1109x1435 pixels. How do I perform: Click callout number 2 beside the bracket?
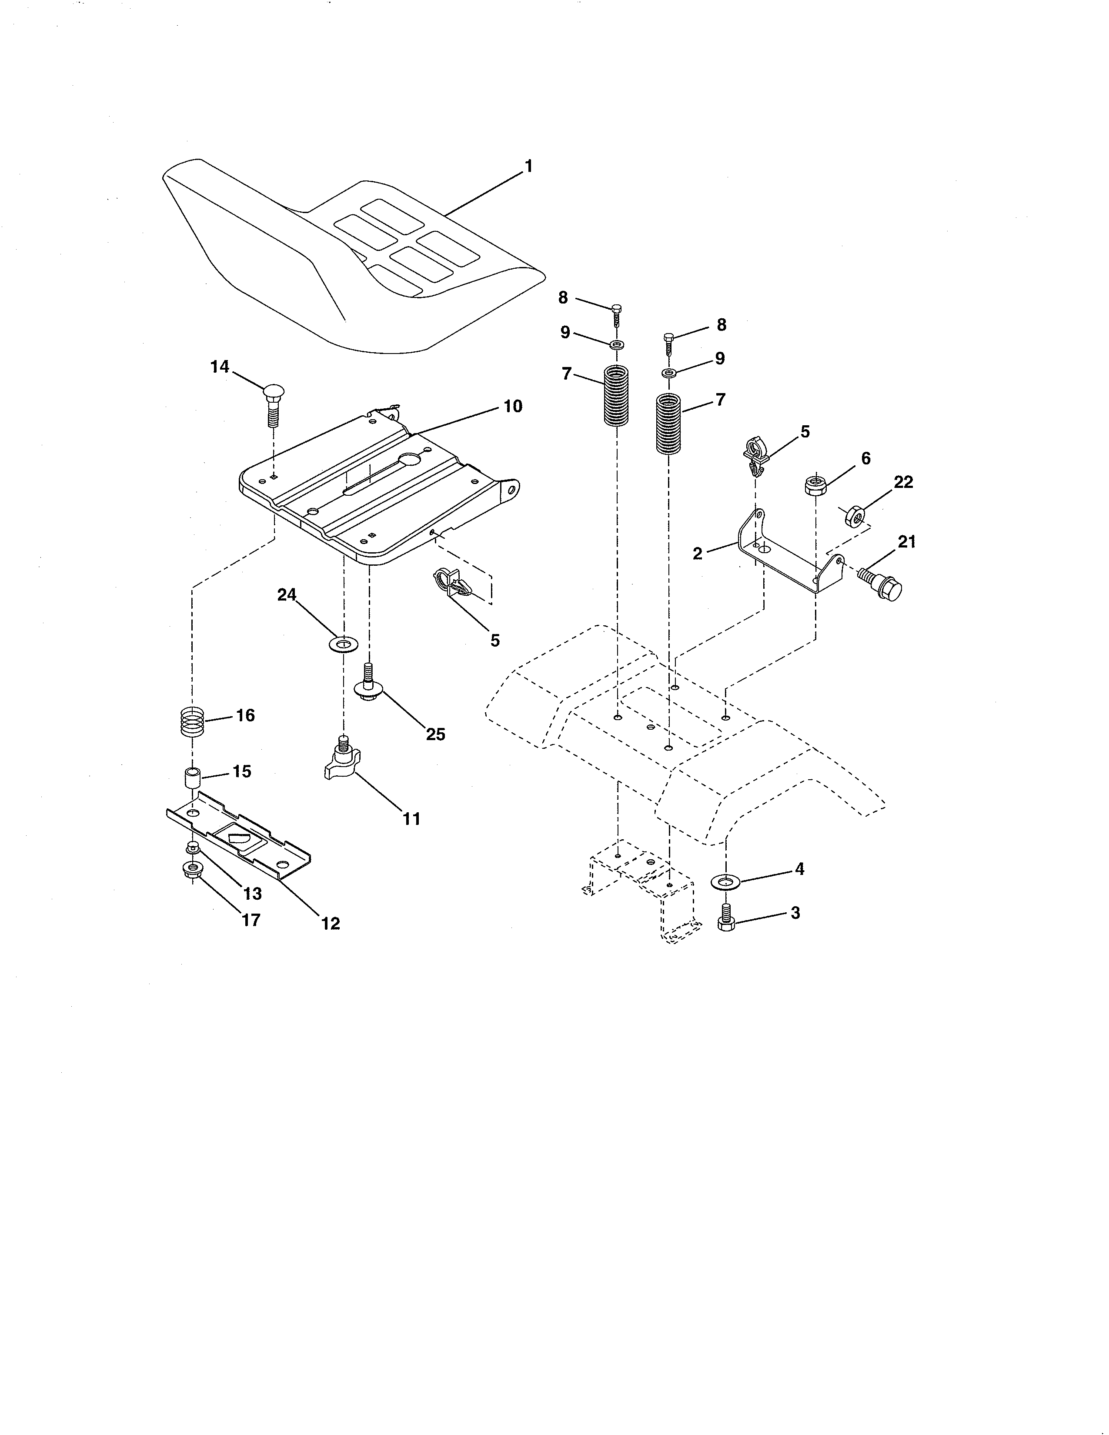click(x=697, y=553)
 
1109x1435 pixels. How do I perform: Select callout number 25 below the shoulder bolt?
click(x=436, y=734)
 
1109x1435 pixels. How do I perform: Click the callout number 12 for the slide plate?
click(x=331, y=923)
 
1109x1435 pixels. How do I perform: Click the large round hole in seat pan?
click(x=410, y=461)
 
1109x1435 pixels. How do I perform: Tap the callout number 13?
click(x=252, y=894)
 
